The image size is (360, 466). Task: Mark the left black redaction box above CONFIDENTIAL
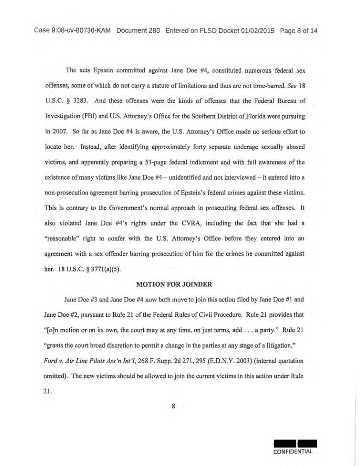point(284,443)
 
